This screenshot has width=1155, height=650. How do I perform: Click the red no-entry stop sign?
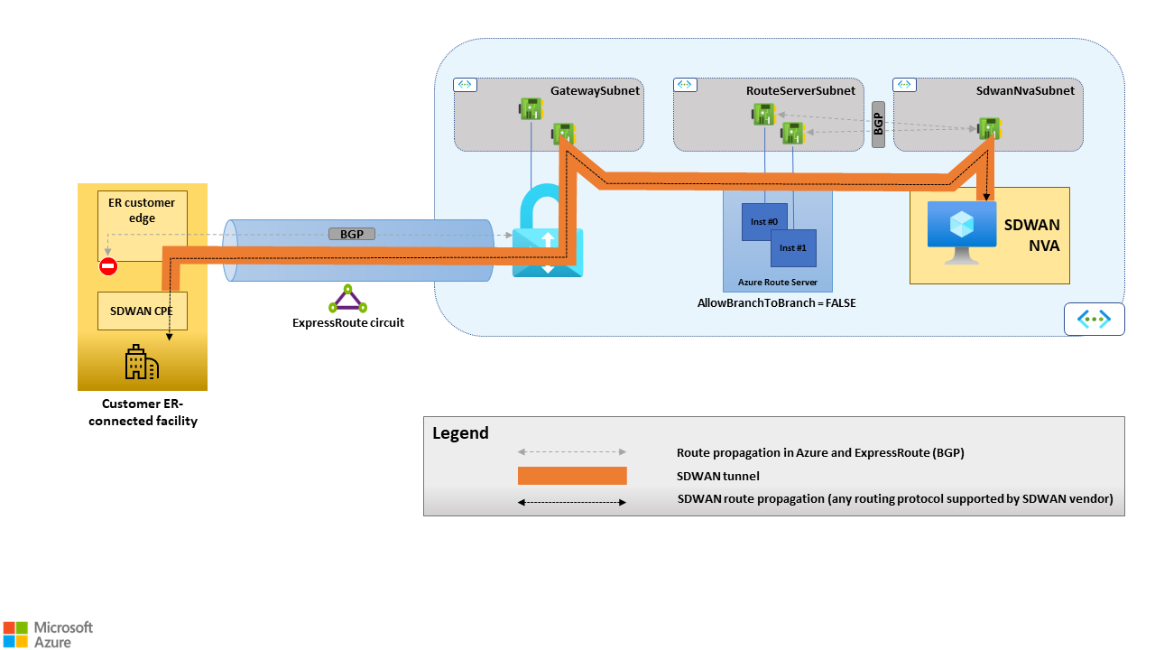click(108, 266)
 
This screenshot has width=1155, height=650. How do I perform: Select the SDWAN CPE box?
click(143, 311)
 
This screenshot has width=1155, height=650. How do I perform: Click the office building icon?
click(142, 362)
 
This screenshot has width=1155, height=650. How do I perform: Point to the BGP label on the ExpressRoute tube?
click(351, 235)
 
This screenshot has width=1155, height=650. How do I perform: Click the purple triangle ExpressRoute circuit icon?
click(348, 298)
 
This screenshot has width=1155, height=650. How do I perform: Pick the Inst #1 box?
click(794, 247)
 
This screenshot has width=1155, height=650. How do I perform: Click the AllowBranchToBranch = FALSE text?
click(776, 303)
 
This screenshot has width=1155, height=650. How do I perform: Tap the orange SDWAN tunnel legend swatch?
click(572, 476)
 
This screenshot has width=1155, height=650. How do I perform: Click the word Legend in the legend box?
click(460, 433)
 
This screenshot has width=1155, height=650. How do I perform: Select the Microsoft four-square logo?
click(15, 634)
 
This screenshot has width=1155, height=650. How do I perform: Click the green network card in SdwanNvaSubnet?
click(990, 129)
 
